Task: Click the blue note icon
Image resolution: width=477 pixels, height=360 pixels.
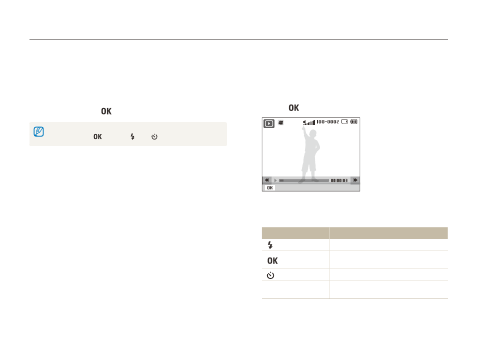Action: tap(38, 132)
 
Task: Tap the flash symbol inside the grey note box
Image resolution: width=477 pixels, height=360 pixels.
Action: tap(132, 136)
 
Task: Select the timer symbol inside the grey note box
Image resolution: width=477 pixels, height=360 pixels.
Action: tap(154, 136)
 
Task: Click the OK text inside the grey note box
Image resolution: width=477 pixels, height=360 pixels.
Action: tap(97, 136)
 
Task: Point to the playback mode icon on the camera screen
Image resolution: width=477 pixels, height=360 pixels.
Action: tap(269, 123)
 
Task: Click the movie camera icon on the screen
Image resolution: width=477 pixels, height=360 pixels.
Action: tap(281, 122)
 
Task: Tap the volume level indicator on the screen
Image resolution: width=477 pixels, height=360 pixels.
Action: tap(309, 122)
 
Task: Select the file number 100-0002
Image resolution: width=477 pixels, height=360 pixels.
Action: tap(327, 121)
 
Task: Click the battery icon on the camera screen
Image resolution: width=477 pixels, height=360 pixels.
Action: tap(354, 121)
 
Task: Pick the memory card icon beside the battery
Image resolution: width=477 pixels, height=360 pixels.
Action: tap(344, 121)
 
